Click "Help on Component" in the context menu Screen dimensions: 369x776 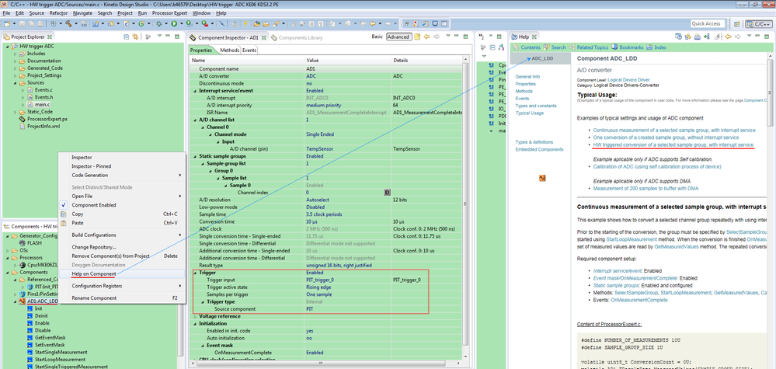[94, 273]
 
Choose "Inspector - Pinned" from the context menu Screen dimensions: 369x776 [92, 165]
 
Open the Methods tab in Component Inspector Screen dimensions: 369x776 [229, 50]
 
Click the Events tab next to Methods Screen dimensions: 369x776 [249, 50]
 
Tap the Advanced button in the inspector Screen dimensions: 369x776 [398, 37]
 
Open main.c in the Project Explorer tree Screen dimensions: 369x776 [42, 103]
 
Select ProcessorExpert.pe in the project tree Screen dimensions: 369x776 [48, 118]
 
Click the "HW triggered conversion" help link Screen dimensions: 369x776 [673, 144]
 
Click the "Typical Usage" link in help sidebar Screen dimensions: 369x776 [530, 113]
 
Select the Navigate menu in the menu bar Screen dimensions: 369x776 [82, 13]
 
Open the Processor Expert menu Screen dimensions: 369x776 [169, 13]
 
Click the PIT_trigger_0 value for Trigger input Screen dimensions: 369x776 [322, 279]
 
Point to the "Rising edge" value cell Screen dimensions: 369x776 [319, 287]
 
